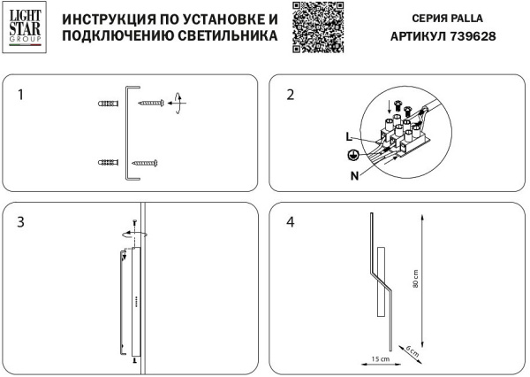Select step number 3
point(23,221)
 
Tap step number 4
point(289,221)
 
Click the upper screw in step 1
point(150,104)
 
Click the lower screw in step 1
point(144,163)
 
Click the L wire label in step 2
point(350,136)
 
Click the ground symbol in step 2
point(352,154)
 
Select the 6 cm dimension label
point(411,352)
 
